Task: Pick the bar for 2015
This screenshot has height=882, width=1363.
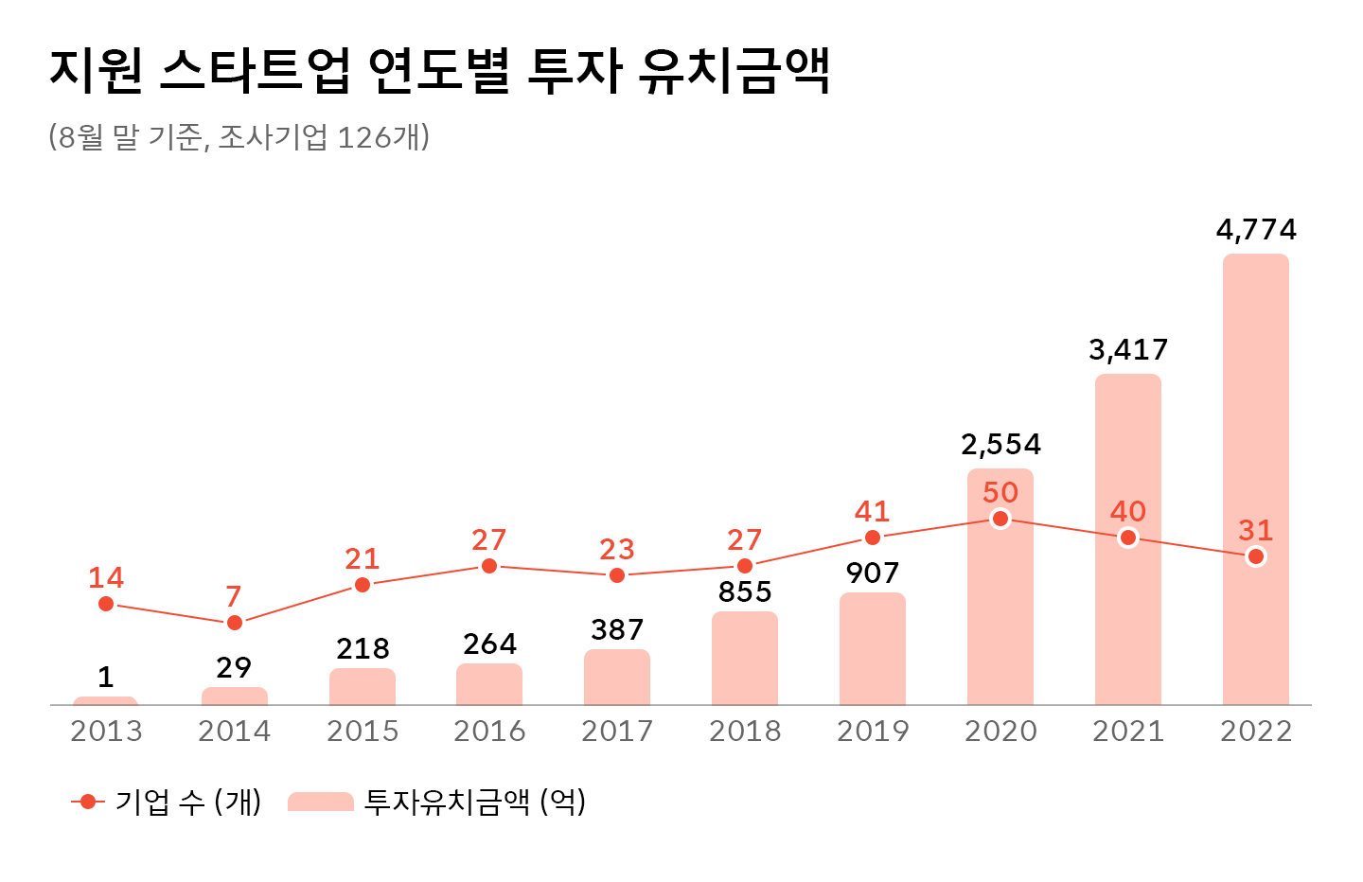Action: tap(362, 687)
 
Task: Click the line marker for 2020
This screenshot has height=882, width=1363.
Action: tap(1000, 519)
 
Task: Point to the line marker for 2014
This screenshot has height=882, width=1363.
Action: tap(235, 623)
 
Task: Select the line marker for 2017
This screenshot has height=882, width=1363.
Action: tap(617, 575)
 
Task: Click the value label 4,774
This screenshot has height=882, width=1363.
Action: tap(1255, 230)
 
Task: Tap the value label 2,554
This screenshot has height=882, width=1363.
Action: tap(1000, 445)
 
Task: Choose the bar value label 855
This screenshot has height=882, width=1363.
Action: tap(745, 592)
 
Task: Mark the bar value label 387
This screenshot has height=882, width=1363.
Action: tap(617, 630)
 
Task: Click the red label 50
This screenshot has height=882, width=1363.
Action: tap(1000, 493)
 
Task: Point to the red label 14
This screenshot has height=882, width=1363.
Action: tap(106, 578)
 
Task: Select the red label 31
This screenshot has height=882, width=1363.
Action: tap(1255, 531)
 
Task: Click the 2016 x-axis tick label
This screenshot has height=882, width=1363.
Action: tap(489, 732)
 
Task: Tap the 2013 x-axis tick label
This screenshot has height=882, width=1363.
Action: tap(106, 732)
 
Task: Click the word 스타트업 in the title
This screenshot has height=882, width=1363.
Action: tap(256, 71)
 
